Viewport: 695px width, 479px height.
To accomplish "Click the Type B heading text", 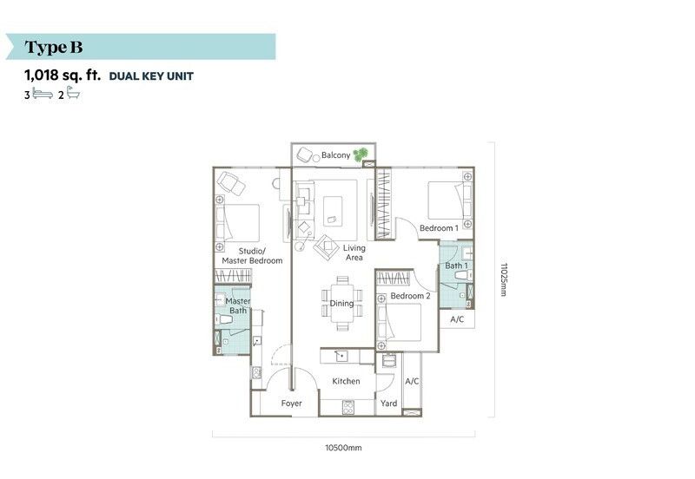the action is pyautogui.click(x=54, y=47).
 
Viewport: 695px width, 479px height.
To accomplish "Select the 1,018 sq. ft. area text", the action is pyautogui.click(x=63, y=75).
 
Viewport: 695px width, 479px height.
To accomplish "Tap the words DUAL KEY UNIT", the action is pyautogui.click(x=151, y=76).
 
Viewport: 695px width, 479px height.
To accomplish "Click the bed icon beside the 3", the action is pyautogui.click(x=43, y=94).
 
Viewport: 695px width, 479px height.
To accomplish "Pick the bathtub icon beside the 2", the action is pyautogui.click(x=73, y=93).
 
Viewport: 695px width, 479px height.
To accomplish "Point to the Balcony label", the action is pyautogui.click(x=335, y=155).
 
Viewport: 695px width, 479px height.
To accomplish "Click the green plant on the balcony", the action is pyautogui.click(x=361, y=154).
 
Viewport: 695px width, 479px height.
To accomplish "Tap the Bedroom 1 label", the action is pyautogui.click(x=439, y=228).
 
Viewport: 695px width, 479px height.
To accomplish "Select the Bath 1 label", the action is pyautogui.click(x=456, y=266).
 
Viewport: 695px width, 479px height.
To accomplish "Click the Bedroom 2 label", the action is pyautogui.click(x=410, y=296).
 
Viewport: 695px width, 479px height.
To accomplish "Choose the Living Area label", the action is pyautogui.click(x=354, y=253).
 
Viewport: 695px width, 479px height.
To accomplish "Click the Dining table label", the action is pyautogui.click(x=341, y=303).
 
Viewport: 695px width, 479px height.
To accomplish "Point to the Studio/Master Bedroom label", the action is pyautogui.click(x=252, y=256).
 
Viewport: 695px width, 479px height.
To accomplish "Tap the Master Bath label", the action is pyautogui.click(x=238, y=306).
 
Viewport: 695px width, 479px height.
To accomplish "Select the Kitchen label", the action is pyautogui.click(x=346, y=381).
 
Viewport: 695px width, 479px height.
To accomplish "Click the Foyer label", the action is pyautogui.click(x=291, y=404).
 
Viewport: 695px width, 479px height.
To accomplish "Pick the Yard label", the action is pyautogui.click(x=388, y=404).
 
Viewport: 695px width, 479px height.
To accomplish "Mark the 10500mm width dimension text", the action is pyautogui.click(x=343, y=448).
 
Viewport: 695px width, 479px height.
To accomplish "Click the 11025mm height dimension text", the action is pyautogui.click(x=503, y=279).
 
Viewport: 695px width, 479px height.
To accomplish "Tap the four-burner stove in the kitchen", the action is pyautogui.click(x=348, y=407).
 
